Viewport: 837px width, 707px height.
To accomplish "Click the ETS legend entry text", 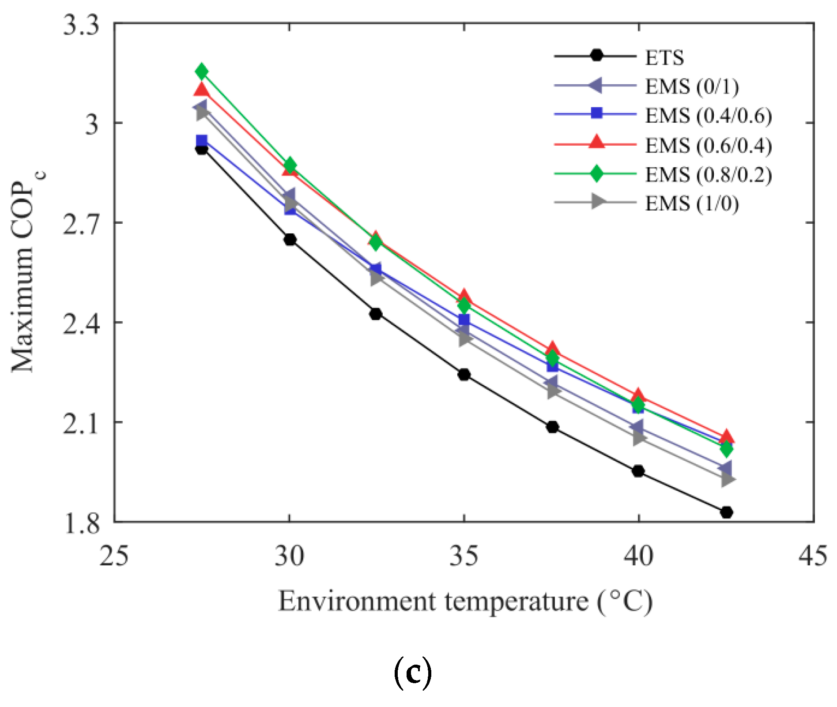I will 664,57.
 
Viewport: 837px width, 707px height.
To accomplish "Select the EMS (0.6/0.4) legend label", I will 708,145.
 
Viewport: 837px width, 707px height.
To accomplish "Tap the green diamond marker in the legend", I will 596,173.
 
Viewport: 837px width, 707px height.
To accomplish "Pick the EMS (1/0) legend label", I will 692,203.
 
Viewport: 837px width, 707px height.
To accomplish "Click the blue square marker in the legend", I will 596,113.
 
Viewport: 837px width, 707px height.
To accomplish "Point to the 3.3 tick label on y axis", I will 81,25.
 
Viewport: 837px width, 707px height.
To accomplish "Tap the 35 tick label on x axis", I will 464,556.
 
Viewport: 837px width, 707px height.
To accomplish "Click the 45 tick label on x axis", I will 813,556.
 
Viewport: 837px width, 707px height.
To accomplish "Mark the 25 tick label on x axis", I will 114,556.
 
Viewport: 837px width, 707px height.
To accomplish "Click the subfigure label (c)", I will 412,673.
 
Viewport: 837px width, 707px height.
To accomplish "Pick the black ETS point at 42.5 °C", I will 727,512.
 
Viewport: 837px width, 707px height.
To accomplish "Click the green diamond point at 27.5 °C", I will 202,71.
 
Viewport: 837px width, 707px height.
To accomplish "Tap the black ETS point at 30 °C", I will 290,240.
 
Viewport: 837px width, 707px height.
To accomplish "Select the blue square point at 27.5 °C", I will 202,141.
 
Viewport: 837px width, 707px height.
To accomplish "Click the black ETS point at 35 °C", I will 464,375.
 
